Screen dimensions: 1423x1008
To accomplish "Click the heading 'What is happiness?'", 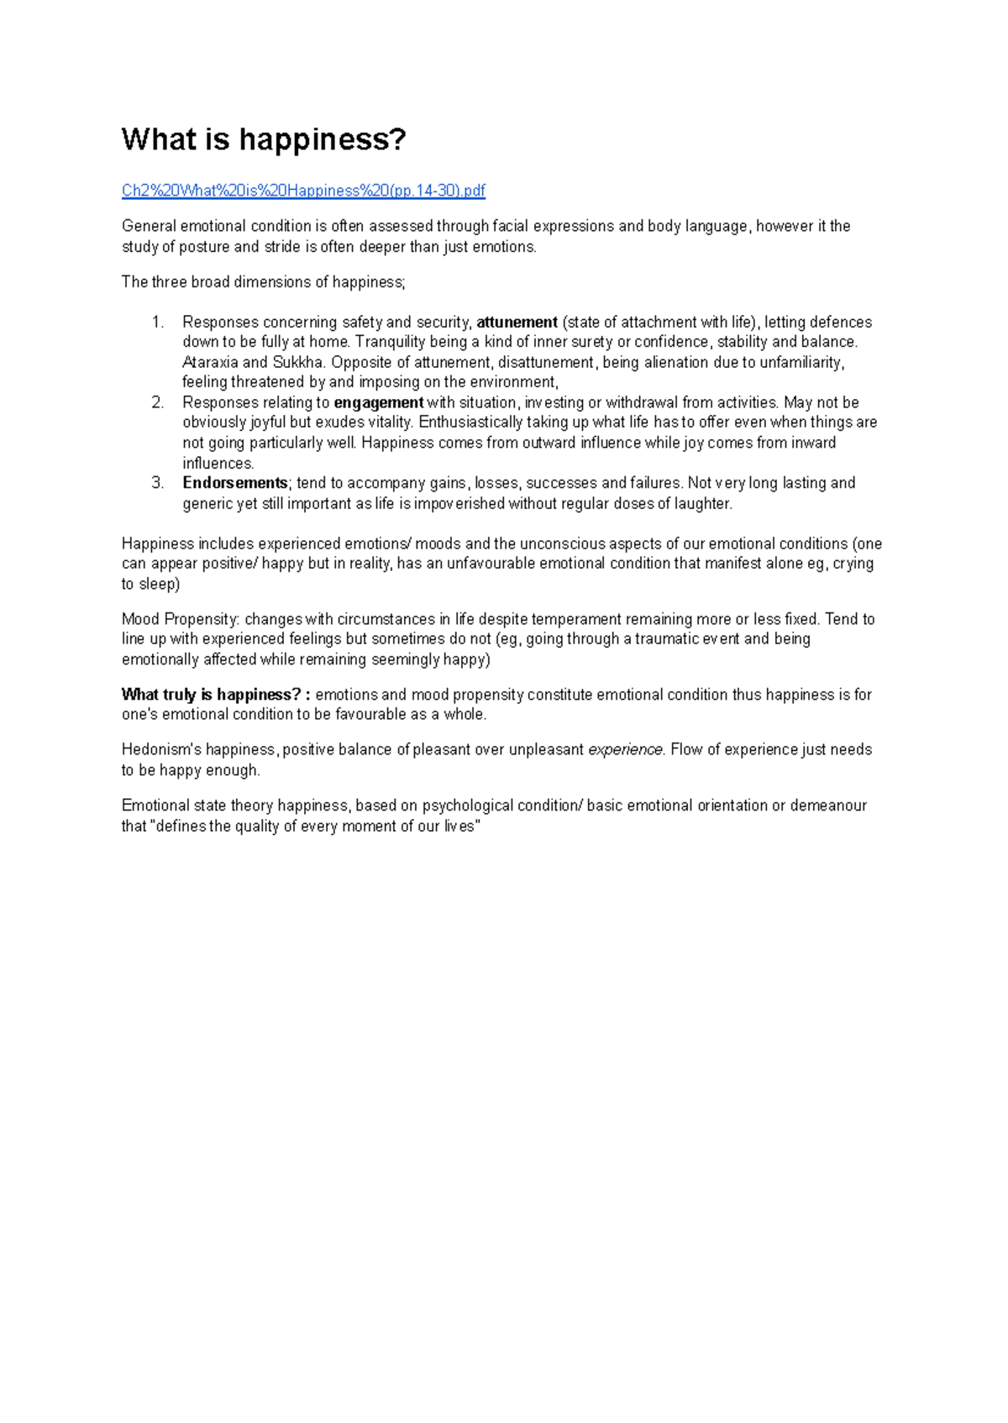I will [263, 139].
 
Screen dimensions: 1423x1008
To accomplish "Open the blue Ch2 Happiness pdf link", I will [303, 191].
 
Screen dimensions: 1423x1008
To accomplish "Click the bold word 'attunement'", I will [517, 322].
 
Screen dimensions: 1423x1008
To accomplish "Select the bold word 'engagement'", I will [379, 402].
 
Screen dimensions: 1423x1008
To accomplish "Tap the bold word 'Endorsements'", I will [235, 483].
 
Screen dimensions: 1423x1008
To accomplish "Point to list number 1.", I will [157, 322].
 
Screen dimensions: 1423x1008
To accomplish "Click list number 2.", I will [157, 402].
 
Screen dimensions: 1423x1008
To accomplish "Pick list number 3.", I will [157, 483].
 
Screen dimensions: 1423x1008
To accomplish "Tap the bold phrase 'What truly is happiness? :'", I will [216, 695].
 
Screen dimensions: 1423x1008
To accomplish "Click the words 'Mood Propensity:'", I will [181, 619].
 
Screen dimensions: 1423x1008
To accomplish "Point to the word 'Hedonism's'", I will [156, 749].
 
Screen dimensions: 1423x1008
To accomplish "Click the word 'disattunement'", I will [546, 362].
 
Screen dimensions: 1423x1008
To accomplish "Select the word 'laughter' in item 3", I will [704, 503].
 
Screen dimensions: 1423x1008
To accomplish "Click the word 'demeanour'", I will [828, 806].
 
